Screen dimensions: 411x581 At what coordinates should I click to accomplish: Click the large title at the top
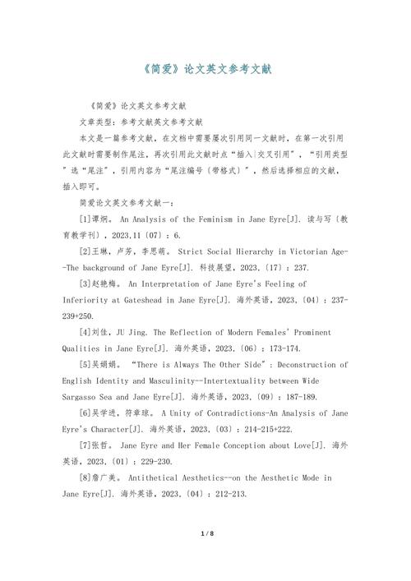205,69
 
